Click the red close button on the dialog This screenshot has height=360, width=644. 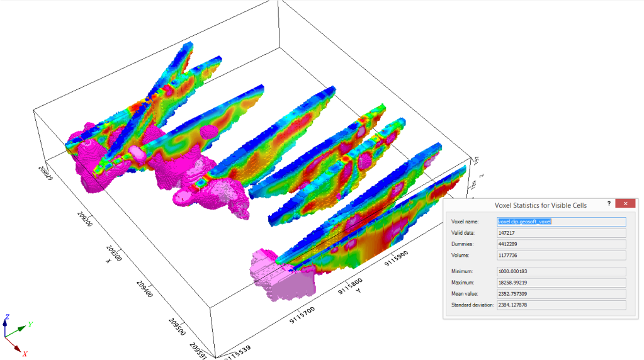point(624,204)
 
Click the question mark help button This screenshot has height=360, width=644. point(609,204)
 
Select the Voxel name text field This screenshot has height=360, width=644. point(561,222)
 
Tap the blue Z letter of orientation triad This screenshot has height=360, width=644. point(6,316)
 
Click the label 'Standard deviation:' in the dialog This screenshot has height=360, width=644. point(472,305)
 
